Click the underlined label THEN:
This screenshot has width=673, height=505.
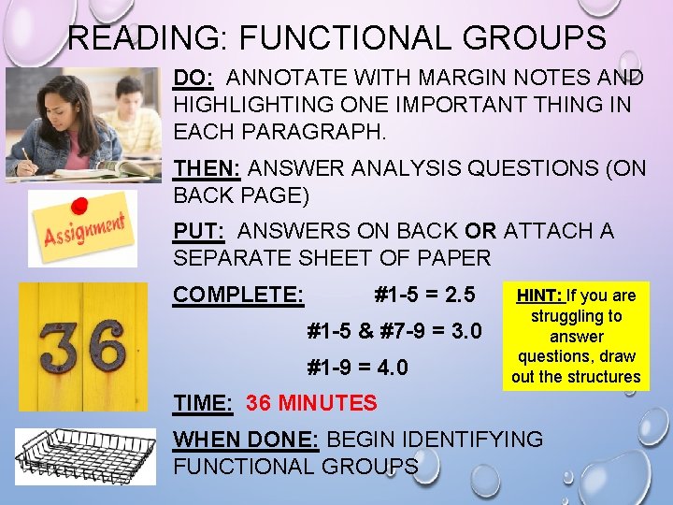click(x=208, y=168)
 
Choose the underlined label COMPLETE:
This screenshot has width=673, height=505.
click(x=238, y=296)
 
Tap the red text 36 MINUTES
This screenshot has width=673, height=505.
click(x=311, y=403)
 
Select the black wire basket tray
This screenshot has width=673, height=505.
click(x=86, y=456)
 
